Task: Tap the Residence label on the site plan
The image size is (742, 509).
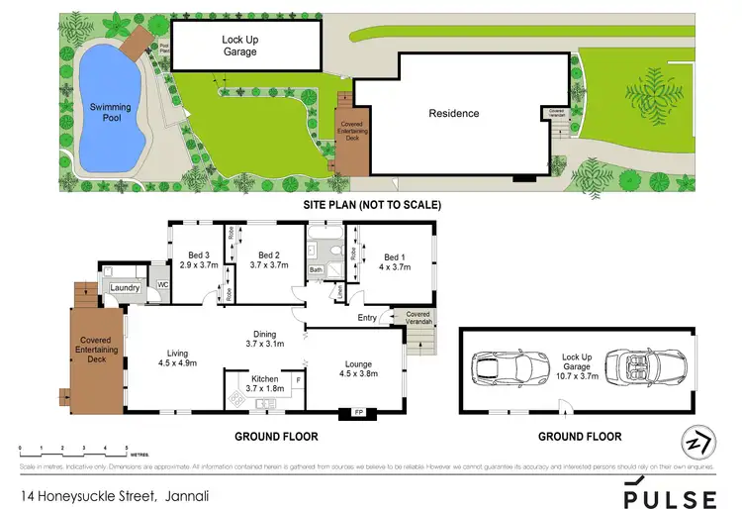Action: pos(453,113)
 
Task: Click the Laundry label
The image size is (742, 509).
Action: pos(125,288)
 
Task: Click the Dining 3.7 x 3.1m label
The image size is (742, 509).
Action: pos(264,339)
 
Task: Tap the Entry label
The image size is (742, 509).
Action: pos(367,317)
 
